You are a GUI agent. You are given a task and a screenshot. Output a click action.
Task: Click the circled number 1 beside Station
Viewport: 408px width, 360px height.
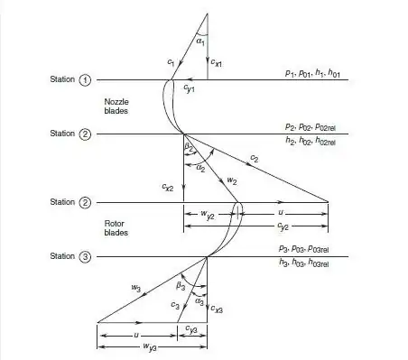coord(86,80)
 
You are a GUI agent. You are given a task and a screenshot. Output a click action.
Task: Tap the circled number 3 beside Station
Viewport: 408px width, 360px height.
coord(86,257)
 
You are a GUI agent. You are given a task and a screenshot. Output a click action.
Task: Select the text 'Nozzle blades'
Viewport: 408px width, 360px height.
coord(118,106)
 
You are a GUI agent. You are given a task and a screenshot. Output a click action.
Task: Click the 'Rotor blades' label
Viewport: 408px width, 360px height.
coord(117,227)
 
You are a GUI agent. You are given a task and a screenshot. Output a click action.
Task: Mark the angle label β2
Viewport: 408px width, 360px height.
coord(189,147)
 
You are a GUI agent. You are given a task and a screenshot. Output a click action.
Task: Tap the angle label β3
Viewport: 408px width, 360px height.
coord(181,286)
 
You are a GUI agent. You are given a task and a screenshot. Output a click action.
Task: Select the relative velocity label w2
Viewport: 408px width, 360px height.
coord(232,181)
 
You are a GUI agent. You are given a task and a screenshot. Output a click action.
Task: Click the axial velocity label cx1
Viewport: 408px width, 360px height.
coord(214,62)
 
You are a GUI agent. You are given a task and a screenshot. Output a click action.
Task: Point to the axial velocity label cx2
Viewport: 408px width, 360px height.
coord(168,187)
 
